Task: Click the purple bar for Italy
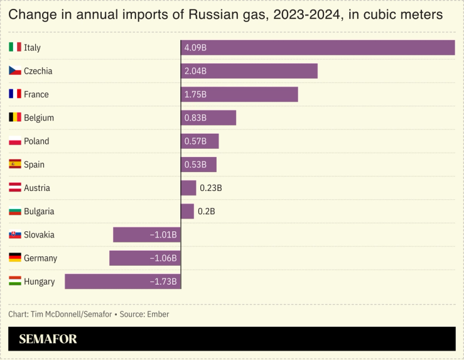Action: (318, 48)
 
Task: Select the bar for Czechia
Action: (249, 71)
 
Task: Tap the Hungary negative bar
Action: (123, 281)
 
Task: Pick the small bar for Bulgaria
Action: (187, 211)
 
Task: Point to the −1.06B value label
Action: (163, 258)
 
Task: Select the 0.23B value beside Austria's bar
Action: (210, 188)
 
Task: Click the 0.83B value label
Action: (195, 118)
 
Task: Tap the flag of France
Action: (15, 94)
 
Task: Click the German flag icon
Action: (15, 258)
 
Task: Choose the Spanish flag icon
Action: (15, 165)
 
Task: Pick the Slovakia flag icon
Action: (15, 234)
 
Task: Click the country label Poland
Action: (36, 141)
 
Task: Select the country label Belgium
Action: (39, 117)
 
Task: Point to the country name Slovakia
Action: (39, 234)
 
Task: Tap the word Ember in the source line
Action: (158, 314)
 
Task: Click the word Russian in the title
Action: (212, 14)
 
